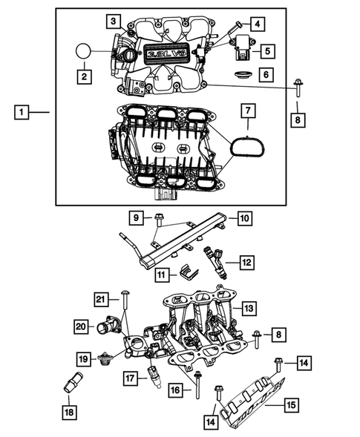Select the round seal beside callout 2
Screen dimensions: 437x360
tap(83, 52)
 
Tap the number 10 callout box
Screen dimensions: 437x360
tap(245, 217)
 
